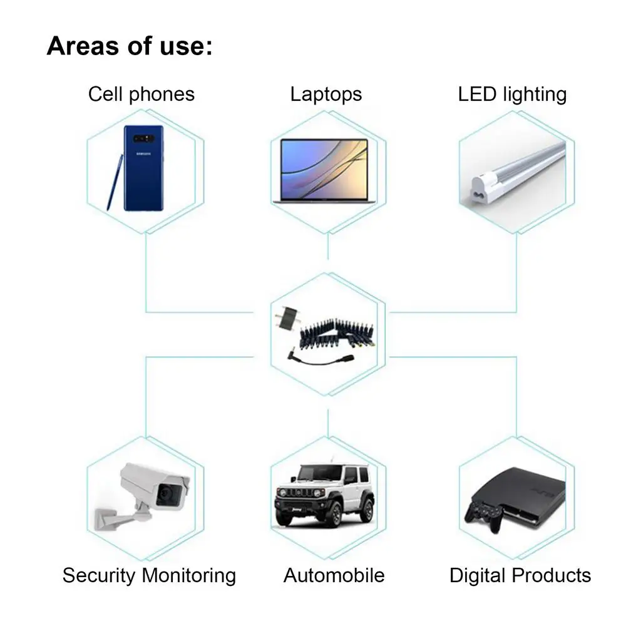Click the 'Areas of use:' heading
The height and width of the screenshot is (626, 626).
(129, 46)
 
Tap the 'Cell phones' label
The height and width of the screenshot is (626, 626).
(141, 95)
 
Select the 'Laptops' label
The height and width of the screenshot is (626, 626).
(326, 95)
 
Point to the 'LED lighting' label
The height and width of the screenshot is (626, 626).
(512, 95)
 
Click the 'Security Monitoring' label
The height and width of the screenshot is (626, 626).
(149, 575)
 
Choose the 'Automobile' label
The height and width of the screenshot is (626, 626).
(334, 575)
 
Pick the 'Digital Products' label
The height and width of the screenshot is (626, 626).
(520, 575)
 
